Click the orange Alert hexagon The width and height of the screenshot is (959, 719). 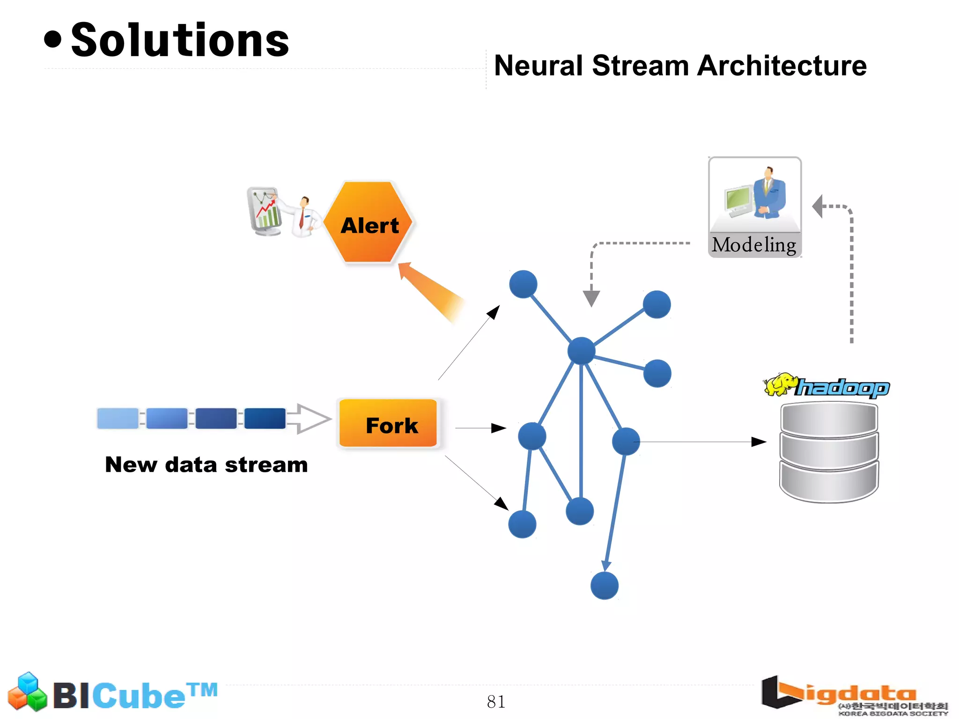pos(369,222)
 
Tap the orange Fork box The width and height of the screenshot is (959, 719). pos(388,423)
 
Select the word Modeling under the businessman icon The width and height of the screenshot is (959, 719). pos(754,245)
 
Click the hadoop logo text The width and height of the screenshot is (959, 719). pos(842,388)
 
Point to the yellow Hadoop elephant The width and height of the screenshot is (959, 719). pos(779,385)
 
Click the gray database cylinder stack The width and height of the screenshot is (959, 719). pos(829,452)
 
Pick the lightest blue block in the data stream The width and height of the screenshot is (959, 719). pos(118,418)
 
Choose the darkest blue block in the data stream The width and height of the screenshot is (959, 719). pos(265,418)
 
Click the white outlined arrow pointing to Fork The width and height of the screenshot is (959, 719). pos(309,419)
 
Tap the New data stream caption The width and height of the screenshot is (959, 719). pos(206,465)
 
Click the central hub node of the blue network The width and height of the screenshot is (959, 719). pos(581,351)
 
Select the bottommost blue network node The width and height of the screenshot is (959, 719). pos(604,586)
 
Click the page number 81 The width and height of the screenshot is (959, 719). pos(496,701)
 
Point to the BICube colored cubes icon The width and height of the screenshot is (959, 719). pos(28,692)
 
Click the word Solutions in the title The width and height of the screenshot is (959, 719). pos(180,41)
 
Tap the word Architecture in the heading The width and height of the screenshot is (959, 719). pos(782,66)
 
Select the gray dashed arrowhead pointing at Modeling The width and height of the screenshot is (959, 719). pos(818,207)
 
